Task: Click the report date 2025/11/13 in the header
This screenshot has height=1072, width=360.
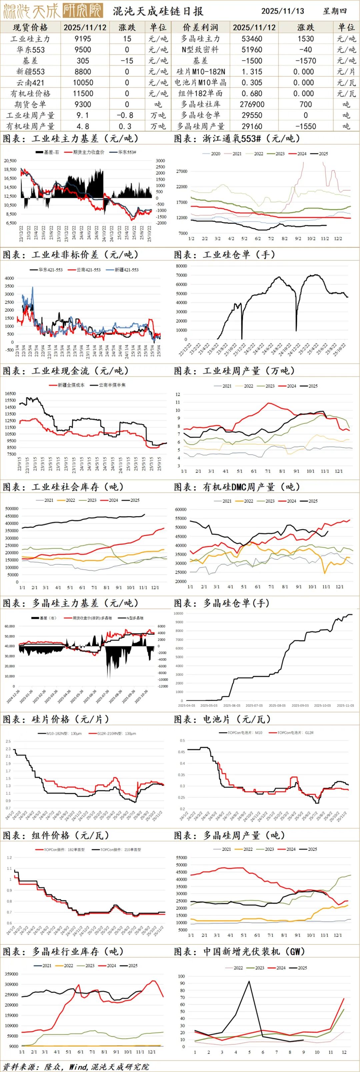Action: tap(283, 11)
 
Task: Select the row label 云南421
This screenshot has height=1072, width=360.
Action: tap(30, 82)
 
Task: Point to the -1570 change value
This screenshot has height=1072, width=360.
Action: tap(305, 61)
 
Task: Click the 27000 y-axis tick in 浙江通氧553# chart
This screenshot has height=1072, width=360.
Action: tap(182, 171)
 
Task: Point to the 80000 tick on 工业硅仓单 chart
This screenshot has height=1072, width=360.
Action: tap(181, 266)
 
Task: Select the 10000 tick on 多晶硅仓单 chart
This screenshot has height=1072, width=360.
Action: tap(178, 613)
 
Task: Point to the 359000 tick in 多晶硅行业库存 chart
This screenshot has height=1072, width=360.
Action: tap(11, 974)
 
